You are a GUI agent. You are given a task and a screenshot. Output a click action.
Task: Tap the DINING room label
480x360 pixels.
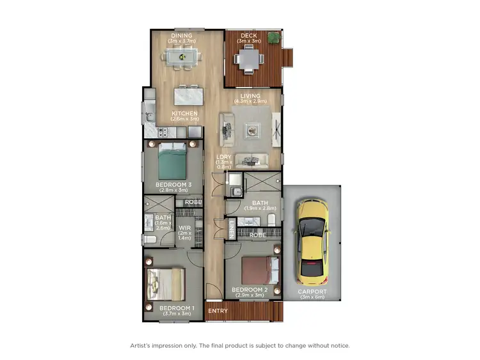(x=181, y=36)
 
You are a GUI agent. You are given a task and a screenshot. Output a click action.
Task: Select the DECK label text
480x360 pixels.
(x=248, y=36)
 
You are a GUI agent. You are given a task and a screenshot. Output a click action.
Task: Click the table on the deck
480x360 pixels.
(x=248, y=60)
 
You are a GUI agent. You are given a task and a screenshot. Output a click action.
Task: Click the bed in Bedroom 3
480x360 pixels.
(x=171, y=162)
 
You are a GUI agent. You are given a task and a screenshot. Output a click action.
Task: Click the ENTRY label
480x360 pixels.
(x=218, y=311)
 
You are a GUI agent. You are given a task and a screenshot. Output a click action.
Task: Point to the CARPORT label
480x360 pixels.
(x=312, y=292)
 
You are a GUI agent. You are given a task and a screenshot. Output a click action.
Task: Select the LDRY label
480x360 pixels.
(x=223, y=157)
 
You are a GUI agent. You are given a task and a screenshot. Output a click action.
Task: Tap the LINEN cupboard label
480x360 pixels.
(x=231, y=229)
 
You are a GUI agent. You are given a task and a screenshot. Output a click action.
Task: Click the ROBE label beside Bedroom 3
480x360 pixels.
(x=193, y=202)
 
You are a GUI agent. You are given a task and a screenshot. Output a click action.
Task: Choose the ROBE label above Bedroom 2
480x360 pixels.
(x=257, y=235)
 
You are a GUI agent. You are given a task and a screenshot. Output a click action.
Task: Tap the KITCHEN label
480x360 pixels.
(x=184, y=114)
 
